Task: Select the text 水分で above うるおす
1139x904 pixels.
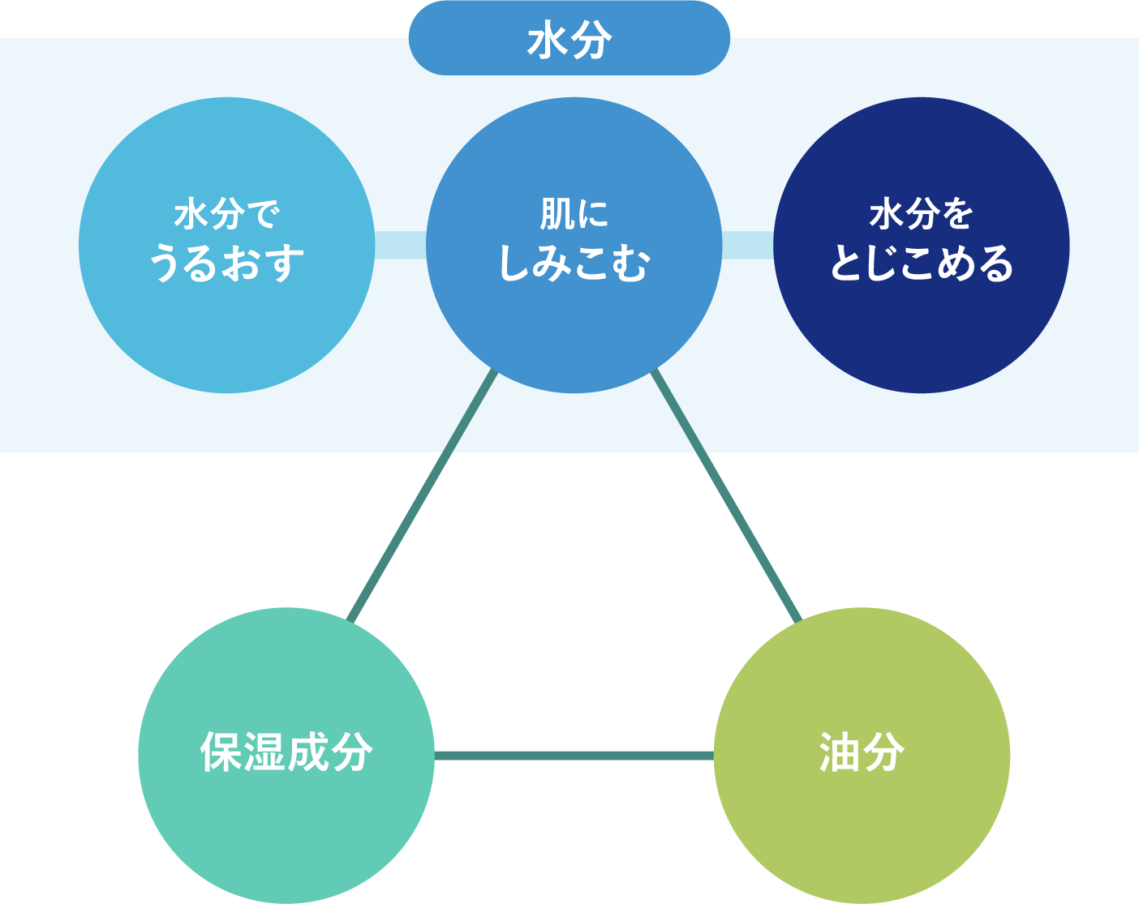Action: coord(226,214)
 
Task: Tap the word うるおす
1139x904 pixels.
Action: coord(226,263)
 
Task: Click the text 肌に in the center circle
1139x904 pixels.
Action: coord(574,214)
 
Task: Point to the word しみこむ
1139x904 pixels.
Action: coord(574,263)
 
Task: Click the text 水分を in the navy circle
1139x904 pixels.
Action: coord(921,214)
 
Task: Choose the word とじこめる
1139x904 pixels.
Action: coord(921,263)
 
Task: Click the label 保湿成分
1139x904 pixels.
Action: coord(286,752)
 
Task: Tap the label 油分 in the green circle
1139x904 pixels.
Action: coord(862,752)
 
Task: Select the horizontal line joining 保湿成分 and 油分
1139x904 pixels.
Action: coord(574,756)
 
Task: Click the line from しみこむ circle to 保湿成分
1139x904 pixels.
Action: coord(422,495)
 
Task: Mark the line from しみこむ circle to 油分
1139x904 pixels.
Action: coord(726,495)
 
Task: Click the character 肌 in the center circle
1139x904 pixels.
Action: coord(557,214)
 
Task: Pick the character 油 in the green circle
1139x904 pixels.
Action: coord(840,752)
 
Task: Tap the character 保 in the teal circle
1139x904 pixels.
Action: coord(221,752)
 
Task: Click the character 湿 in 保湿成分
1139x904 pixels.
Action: coord(264,752)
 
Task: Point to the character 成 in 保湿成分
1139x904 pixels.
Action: coord(308,752)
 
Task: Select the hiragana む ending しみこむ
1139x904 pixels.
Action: coord(631,263)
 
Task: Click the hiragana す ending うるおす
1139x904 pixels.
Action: coord(284,263)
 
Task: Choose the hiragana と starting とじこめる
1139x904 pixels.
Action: coord(847,263)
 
